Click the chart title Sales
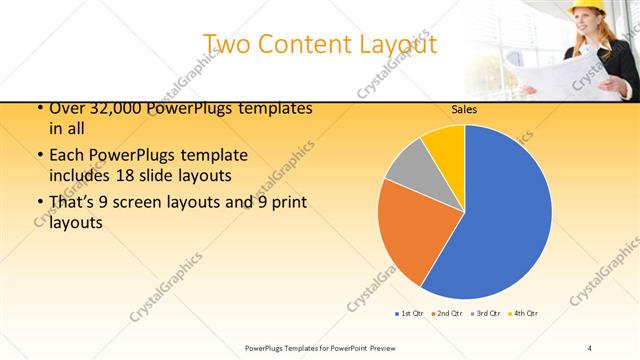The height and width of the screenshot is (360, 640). click(464, 110)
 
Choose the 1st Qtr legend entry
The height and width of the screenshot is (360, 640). click(410, 314)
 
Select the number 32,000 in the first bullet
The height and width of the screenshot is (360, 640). click(111, 109)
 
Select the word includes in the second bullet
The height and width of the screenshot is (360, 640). click(82, 176)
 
